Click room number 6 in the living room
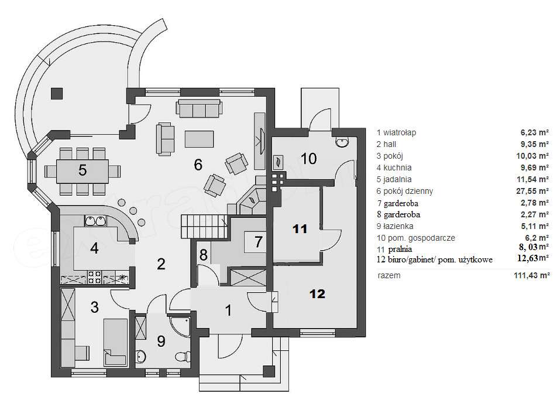[198, 165]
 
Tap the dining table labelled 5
[82, 170]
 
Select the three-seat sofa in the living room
[199, 108]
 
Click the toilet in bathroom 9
[183, 356]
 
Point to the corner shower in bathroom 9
[180, 326]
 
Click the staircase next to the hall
[204, 227]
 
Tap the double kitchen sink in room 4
[96, 221]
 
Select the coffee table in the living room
[200, 139]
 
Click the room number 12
[317, 293]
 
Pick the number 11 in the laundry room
[300, 228]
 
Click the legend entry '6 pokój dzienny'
[405, 192]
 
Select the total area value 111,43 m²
[531, 275]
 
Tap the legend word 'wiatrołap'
[400, 132]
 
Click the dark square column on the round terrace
[57, 94]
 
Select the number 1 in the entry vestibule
[228, 310]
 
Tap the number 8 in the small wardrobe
[203, 255]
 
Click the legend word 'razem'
[389, 276]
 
